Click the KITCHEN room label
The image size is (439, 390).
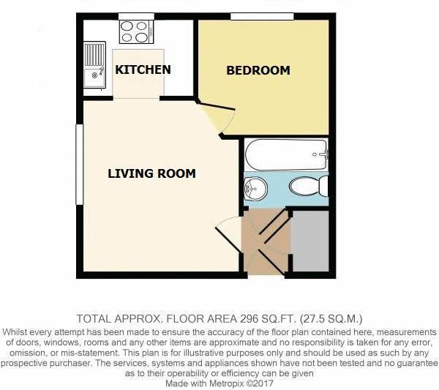click(143, 70)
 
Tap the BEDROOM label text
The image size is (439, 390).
click(258, 70)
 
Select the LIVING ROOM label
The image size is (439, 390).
click(151, 173)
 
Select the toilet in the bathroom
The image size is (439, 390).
click(308, 186)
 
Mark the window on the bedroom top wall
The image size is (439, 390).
click(261, 16)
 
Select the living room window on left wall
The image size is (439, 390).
click(78, 165)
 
